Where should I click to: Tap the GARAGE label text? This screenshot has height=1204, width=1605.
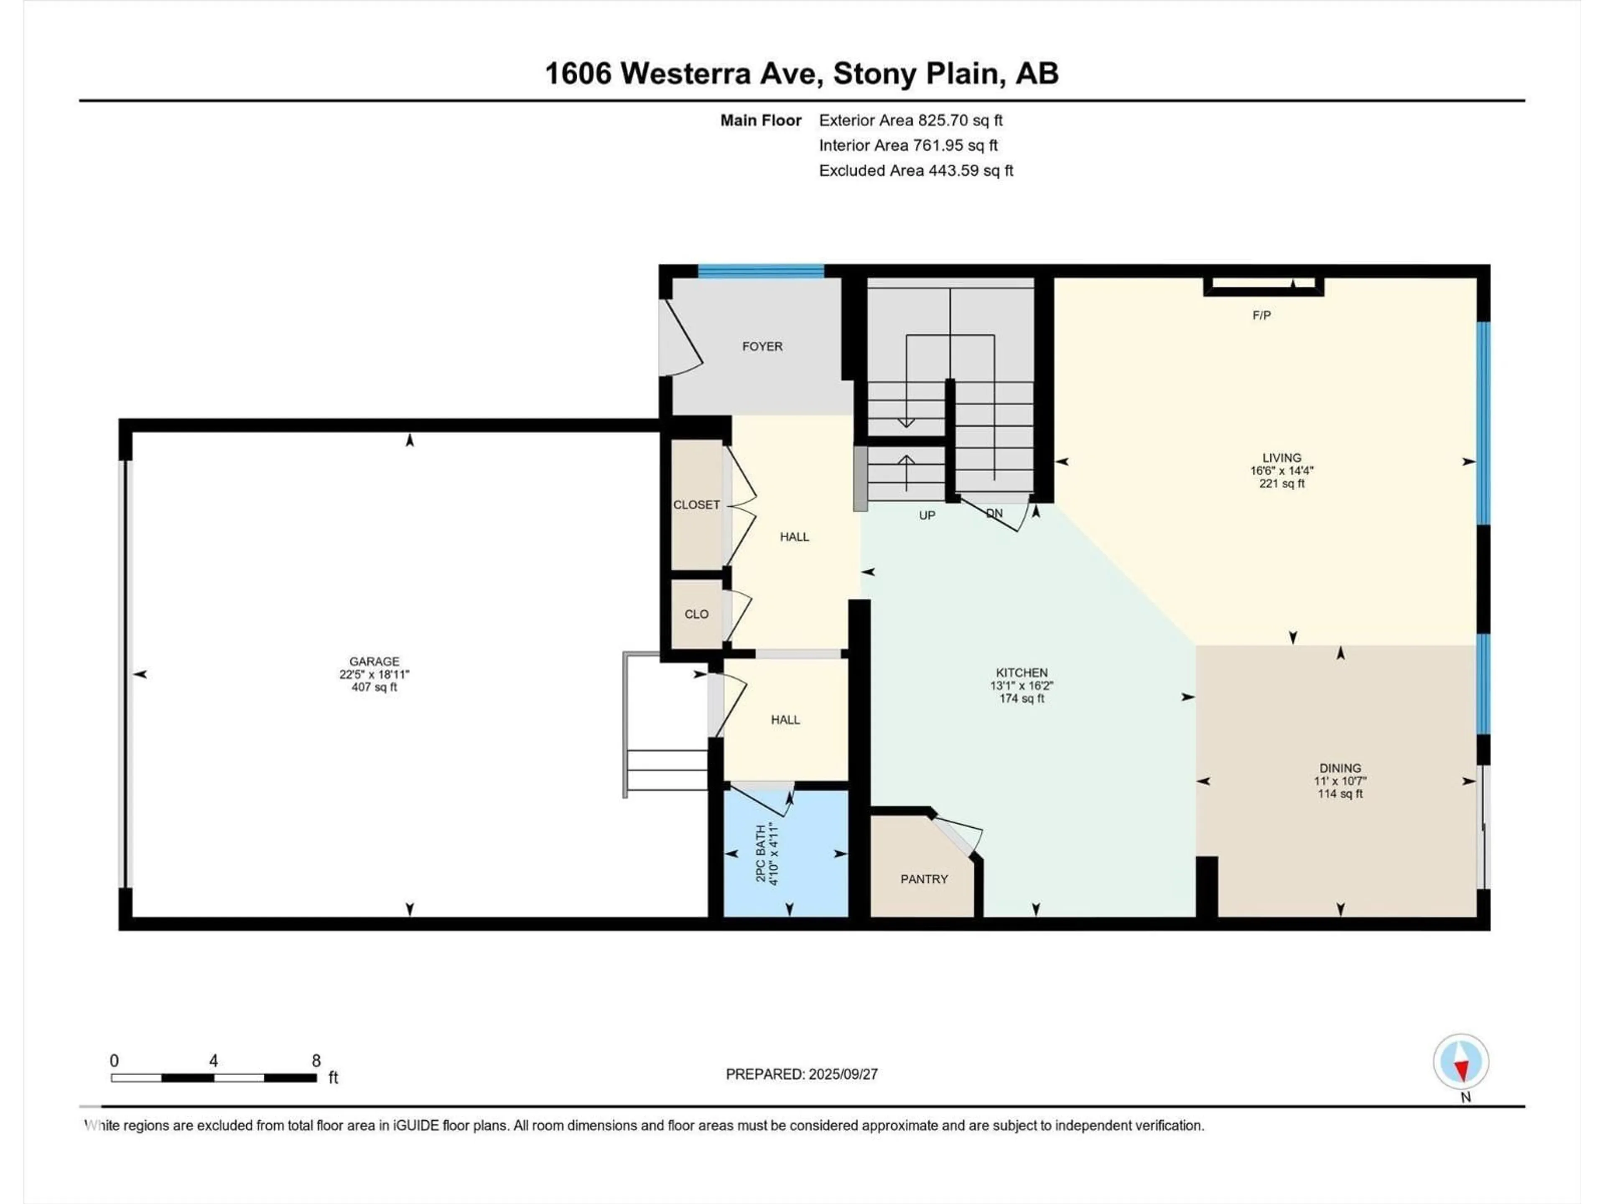374,661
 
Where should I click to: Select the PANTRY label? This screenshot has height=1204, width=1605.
924,879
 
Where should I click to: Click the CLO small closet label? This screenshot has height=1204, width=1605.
697,614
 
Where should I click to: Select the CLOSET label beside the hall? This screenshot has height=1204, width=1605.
697,505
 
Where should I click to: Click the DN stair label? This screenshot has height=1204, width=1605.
994,513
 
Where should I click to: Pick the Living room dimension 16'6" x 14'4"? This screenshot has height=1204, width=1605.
1281,470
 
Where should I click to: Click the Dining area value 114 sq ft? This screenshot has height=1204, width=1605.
1340,794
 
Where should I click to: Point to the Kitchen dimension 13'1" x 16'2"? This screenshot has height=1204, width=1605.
1022,685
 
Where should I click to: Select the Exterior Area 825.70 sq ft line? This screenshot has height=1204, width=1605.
911,120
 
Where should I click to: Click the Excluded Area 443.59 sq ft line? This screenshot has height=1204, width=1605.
916,171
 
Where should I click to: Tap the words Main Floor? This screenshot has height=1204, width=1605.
760,120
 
